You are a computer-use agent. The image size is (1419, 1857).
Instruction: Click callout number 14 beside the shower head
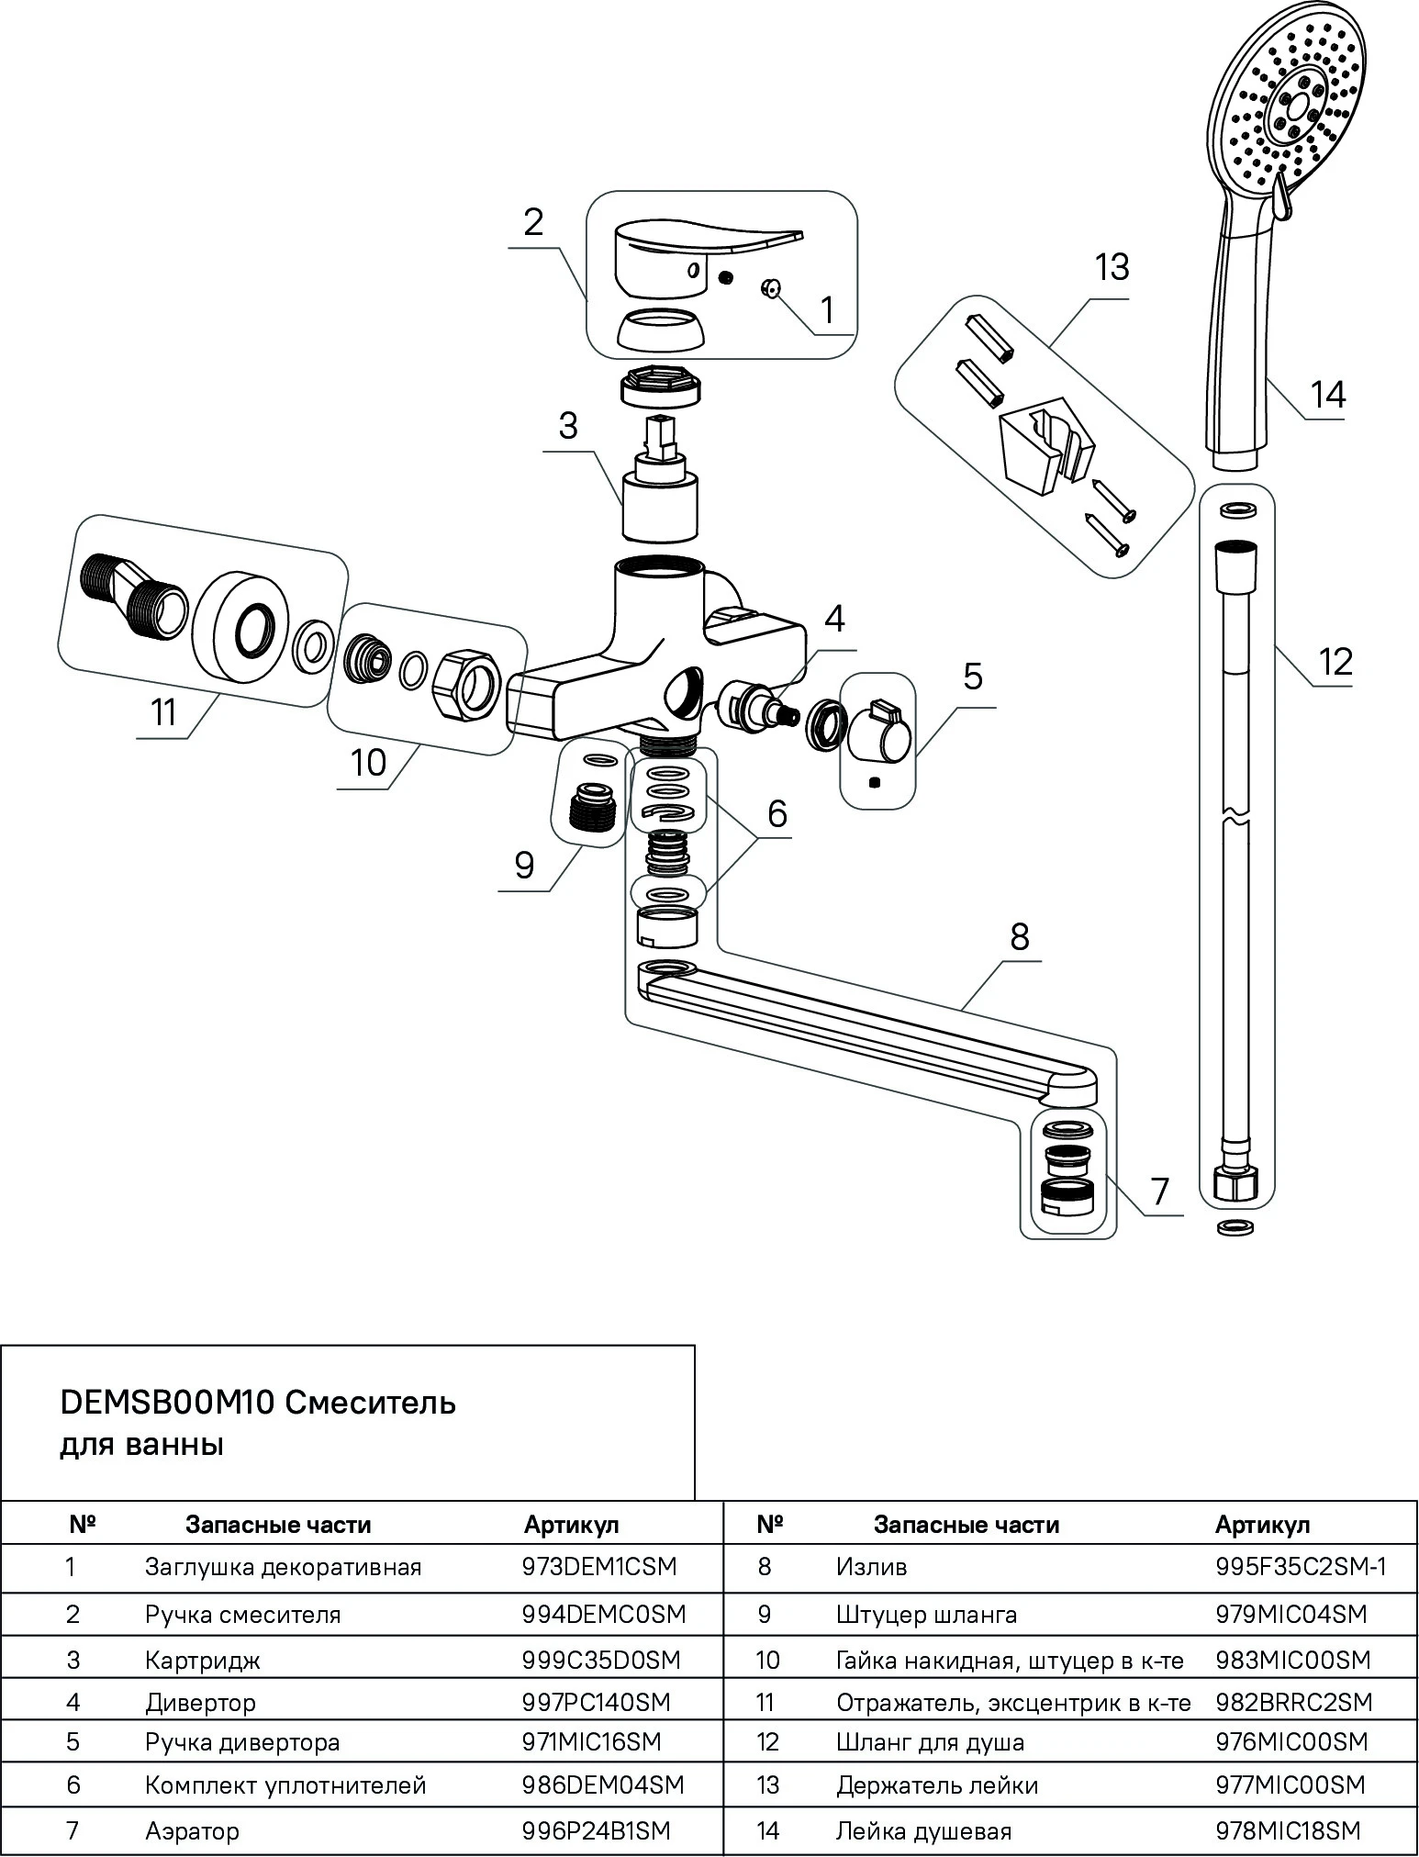tap(1327, 395)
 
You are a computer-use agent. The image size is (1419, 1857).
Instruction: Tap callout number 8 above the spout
tap(1020, 936)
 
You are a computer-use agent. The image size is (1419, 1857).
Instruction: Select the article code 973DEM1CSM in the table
tap(598, 1566)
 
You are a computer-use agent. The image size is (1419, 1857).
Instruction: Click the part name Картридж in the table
tap(203, 1660)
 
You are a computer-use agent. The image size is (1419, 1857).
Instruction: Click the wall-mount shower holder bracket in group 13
tap(1045, 445)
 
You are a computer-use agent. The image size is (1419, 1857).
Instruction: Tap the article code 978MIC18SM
tap(1287, 1830)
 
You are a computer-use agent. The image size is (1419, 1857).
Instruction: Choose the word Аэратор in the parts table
tap(192, 1830)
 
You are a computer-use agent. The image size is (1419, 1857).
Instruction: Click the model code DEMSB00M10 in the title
tap(167, 1403)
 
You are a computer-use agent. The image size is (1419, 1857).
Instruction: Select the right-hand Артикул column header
tap(1262, 1525)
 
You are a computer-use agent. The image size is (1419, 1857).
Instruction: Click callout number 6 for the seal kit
tap(777, 812)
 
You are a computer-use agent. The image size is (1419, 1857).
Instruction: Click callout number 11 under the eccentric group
tap(163, 712)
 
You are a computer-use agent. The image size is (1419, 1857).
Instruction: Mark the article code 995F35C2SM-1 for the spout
tap(1301, 1566)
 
